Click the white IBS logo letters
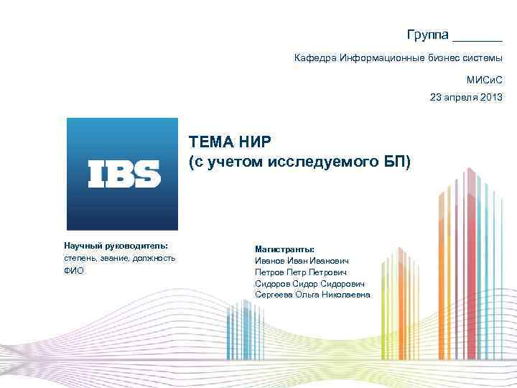point(124,174)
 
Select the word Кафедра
point(315,57)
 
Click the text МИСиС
point(485,80)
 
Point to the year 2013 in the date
point(492,96)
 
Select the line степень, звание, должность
point(118,258)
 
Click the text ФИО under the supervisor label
point(74,271)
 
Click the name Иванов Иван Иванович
point(303,261)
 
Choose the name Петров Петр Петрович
point(301,272)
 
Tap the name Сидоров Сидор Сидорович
point(309,284)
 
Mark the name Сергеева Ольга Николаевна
point(312,295)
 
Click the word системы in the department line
point(483,57)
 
